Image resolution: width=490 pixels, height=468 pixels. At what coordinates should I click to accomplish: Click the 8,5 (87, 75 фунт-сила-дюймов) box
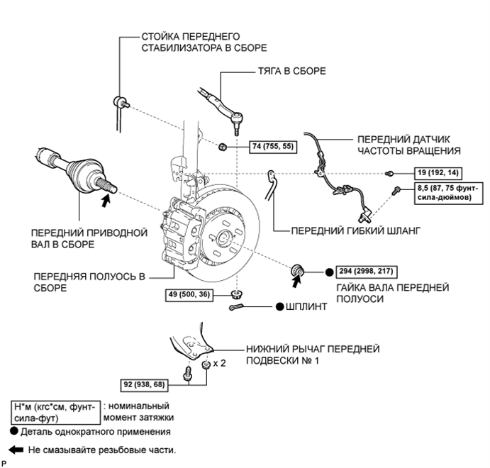point(448,194)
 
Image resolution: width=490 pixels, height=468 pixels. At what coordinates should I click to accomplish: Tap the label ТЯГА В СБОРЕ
point(292,71)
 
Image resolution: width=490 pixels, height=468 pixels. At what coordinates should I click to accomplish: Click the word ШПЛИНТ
point(306,307)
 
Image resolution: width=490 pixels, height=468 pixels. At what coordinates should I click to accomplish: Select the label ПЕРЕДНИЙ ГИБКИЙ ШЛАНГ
point(356,231)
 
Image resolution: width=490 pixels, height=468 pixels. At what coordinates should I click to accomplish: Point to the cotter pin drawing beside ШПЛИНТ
point(236,307)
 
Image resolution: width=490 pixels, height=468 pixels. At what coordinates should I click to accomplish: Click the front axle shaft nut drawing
point(296,270)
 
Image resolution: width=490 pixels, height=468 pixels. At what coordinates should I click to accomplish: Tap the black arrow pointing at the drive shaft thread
point(106,200)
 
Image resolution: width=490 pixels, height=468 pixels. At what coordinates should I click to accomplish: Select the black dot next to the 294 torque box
point(329,272)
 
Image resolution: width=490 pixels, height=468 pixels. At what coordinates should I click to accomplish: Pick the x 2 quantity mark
point(219,363)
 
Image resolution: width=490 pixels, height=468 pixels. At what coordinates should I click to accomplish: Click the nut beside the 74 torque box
point(222,146)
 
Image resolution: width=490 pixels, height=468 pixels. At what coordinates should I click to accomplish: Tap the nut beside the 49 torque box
point(238,294)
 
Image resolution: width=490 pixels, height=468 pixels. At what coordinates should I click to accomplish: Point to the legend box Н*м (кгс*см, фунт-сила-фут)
point(55,413)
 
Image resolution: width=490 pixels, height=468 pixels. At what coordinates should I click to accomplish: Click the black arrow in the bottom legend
point(16,450)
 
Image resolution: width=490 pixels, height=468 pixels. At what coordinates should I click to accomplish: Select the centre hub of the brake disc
point(225,238)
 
